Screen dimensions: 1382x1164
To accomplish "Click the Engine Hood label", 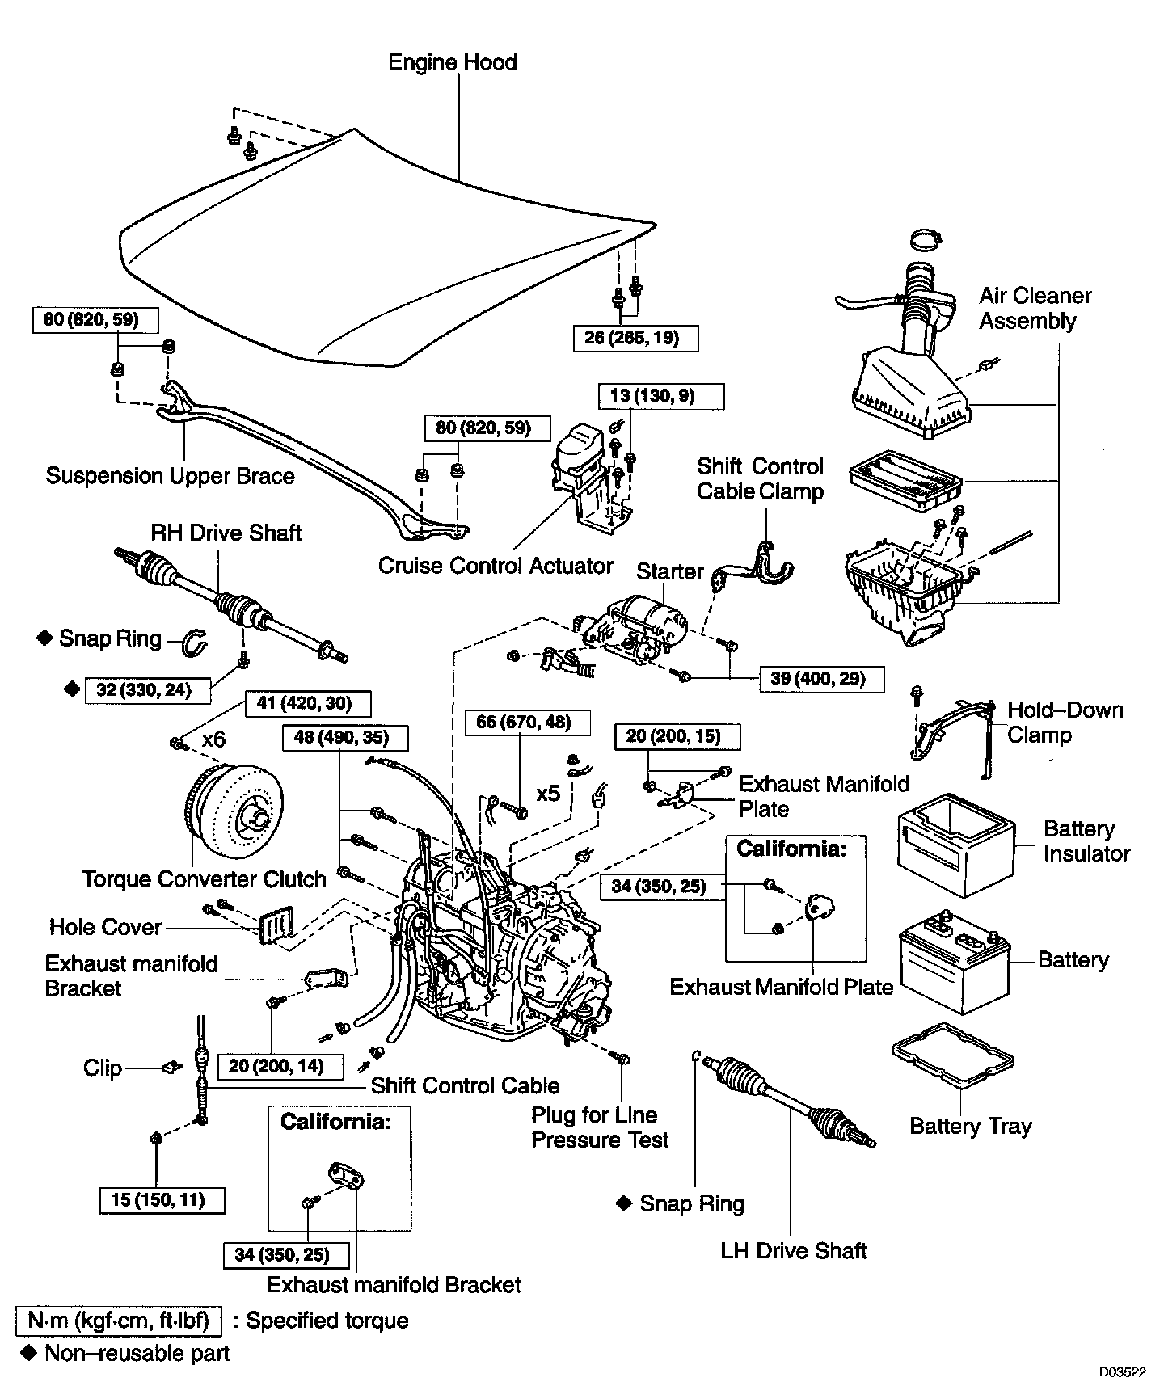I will pos(453,63).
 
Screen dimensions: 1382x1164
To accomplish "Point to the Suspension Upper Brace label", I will pos(170,476).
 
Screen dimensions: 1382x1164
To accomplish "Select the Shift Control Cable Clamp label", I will pos(760,479).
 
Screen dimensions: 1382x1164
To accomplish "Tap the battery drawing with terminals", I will pos(954,966).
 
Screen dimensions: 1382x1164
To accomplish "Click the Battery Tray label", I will pos(970,1127).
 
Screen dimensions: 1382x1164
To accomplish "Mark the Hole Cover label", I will pos(106,927).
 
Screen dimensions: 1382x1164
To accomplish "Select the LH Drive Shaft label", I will pos(793,1252).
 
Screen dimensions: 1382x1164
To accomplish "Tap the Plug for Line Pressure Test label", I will pos(600,1127).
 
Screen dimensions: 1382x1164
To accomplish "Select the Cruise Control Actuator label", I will pos(496,566).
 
